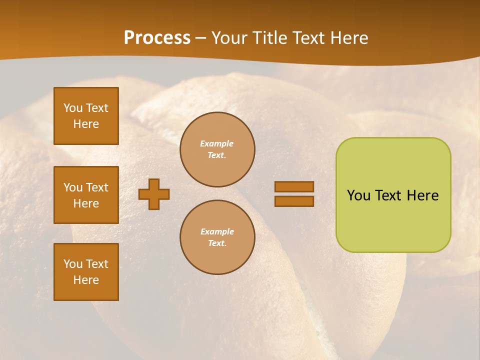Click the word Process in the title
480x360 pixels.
(157, 37)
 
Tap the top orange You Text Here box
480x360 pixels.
(86, 116)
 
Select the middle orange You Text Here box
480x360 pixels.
(86, 195)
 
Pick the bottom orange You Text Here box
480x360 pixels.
(86, 272)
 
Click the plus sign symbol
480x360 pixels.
(154, 194)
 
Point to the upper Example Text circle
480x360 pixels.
(217, 149)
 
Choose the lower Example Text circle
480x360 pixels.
(217, 237)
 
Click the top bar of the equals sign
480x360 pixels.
(294, 186)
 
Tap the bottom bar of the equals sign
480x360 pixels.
(294, 201)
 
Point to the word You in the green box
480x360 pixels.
(358, 195)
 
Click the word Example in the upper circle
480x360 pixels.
(217, 143)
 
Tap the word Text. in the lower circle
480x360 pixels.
(217, 243)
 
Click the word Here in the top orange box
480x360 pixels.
(86, 124)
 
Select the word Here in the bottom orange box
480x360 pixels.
(86, 280)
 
